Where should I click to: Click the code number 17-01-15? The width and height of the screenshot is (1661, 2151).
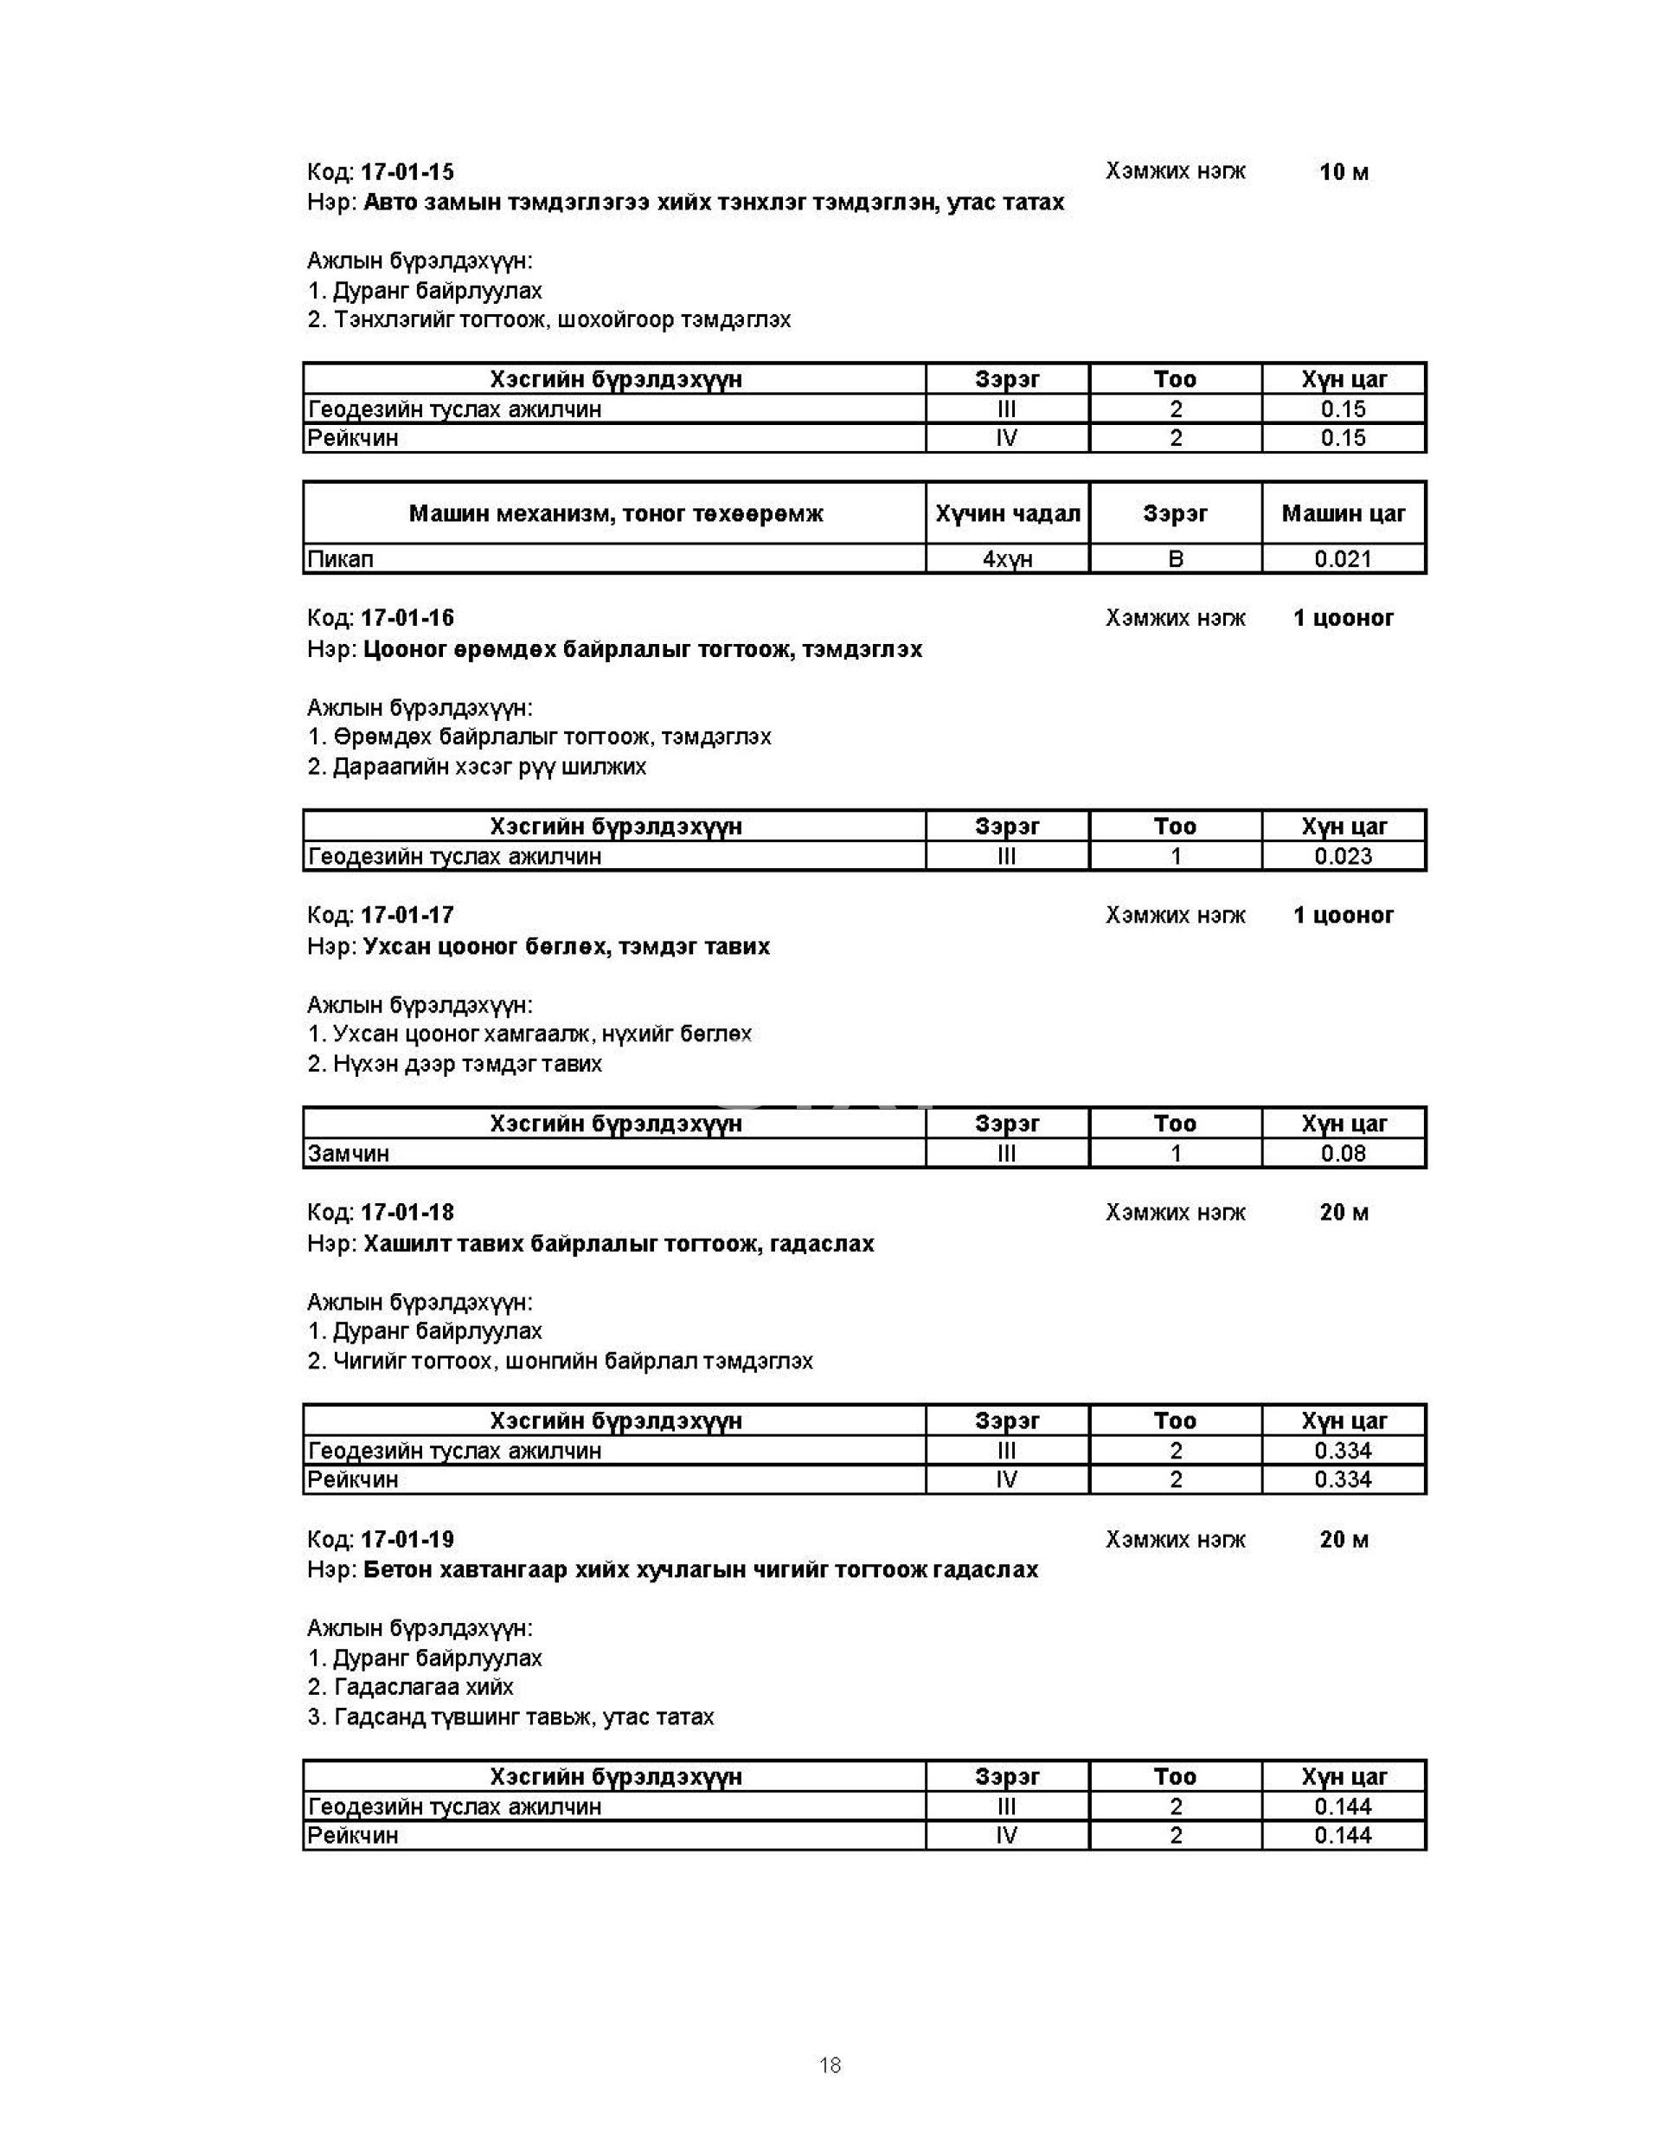(407, 172)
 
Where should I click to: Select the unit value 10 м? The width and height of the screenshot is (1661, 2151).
(1343, 172)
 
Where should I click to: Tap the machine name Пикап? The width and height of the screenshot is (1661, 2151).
(341, 559)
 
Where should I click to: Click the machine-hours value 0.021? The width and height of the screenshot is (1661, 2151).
(1342, 559)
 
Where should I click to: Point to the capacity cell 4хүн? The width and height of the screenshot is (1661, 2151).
(1006, 559)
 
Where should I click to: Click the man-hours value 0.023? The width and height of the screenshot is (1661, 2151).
(1342, 856)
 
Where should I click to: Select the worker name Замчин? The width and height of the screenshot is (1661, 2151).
(349, 1153)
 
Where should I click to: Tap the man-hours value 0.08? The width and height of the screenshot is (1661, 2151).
(1342, 1153)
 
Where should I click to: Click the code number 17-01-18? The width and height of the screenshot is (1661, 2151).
(407, 1213)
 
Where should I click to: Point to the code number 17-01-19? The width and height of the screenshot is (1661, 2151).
(407, 1539)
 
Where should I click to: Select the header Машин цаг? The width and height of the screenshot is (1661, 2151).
(1342, 513)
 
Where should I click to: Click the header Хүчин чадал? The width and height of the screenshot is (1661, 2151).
(1006, 513)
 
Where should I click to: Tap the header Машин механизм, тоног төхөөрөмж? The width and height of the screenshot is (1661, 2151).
(615, 513)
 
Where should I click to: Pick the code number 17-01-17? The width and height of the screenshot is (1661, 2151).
(407, 915)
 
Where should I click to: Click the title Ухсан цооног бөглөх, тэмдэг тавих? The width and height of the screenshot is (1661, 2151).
(566, 946)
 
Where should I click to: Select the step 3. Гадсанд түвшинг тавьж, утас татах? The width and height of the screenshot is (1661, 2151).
(510, 1716)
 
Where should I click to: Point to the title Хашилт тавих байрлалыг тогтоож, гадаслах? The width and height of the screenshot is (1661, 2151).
(619, 1244)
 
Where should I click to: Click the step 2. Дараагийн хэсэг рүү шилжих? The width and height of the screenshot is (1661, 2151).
(477, 766)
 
